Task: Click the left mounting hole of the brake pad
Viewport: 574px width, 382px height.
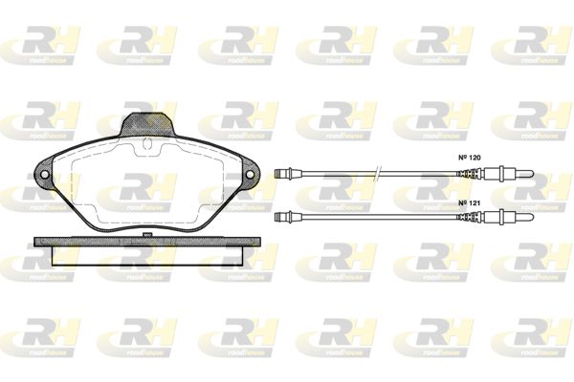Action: [x=45, y=175]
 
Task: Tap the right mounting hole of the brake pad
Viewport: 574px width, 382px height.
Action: [x=250, y=175]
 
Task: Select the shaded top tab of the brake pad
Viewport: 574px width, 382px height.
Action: [x=148, y=124]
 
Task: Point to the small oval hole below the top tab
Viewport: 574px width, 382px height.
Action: [x=148, y=144]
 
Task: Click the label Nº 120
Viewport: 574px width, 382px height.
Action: [x=470, y=158]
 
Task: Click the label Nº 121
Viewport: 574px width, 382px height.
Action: [x=470, y=202]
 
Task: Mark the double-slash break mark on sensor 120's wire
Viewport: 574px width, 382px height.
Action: [x=378, y=173]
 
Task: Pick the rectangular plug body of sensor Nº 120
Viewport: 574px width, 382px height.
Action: [x=492, y=173]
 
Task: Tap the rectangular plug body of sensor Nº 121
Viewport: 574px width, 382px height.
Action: [x=492, y=217]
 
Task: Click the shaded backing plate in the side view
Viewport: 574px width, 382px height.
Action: [x=147, y=242]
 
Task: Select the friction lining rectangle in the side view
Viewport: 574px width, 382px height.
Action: [x=147, y=255]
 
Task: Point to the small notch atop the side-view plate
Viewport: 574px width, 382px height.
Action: [x=147, y=235]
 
